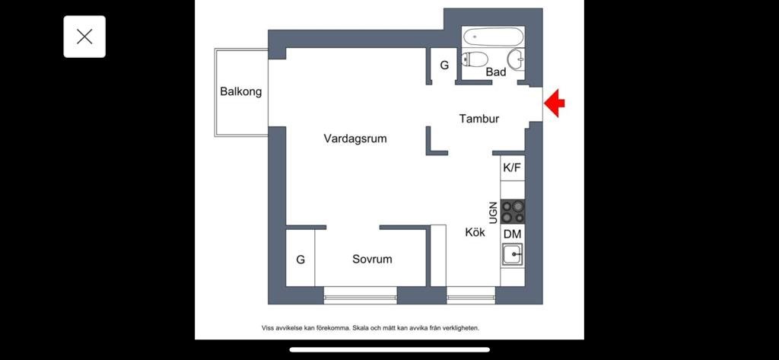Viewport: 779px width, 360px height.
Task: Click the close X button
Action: click(x=84, y=37)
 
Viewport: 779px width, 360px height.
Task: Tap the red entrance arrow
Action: click(x=555, y=103)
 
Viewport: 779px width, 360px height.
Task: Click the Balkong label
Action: click(x=241, y=92)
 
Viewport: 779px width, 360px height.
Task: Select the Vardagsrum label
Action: click(x=355, y=139)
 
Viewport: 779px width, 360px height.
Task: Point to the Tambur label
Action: click(x=479, y=119)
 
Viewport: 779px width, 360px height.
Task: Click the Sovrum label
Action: click(x=372, y=259)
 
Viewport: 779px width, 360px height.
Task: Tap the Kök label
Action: click(x=475, y=232)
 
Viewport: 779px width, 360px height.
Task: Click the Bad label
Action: click(x=496, y=72)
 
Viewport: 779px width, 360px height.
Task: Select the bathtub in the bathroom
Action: click(x=493, y=37)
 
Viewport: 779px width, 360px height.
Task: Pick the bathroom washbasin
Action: click(x=517, y=59)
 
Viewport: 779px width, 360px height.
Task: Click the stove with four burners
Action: click(x=513, y=212)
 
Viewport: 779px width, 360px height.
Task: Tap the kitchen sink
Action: click(x=512, y=254)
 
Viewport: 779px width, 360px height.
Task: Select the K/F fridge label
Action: click(x=512, y=167)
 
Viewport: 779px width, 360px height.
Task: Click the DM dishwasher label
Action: click(x=513, y=234)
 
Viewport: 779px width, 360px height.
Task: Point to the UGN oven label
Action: click(x=493, y=212)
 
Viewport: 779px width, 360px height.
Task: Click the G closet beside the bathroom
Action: click(x=444, y=65)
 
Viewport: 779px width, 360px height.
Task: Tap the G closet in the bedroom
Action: click(x=300, y=260)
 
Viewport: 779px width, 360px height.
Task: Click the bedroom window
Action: click(x=360, y=295)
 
